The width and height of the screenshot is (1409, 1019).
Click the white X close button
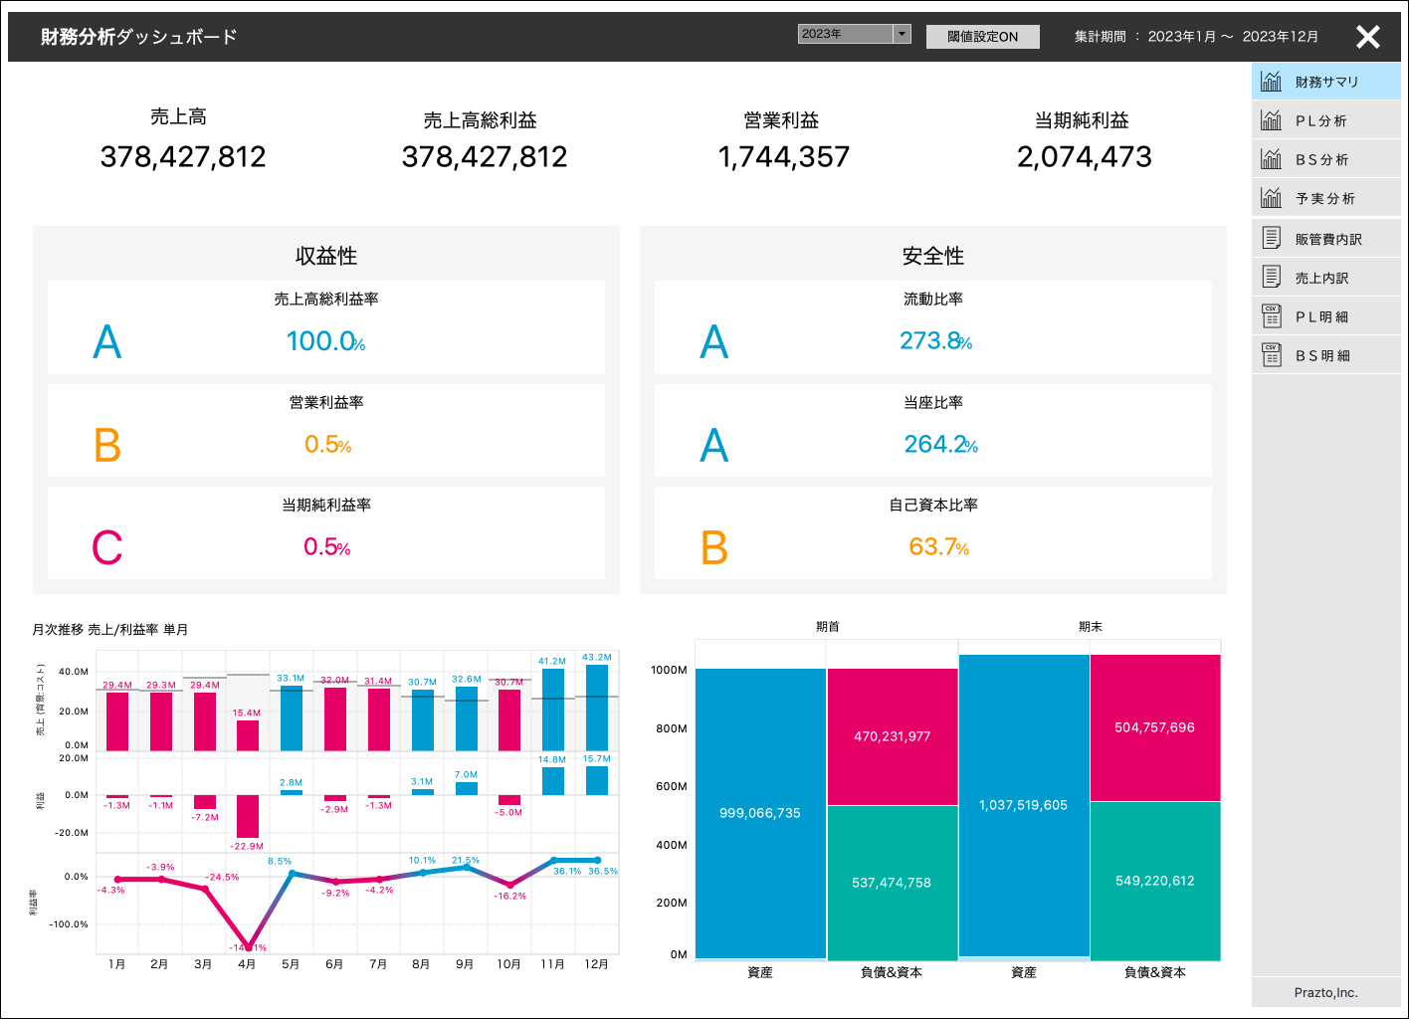click(1368, 37)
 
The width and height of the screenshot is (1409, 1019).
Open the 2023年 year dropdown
click(854, 34)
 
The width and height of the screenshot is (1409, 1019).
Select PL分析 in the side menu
click(1320, 121)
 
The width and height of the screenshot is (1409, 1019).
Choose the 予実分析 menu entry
click(1324, 199)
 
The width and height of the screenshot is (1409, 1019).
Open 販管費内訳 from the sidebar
click(1327, 240)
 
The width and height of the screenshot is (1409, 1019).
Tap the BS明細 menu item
click(1322, 356)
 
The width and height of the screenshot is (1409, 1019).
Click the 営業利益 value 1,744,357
click(784, 157)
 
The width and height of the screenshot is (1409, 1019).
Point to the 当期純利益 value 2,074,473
click(1084, 157)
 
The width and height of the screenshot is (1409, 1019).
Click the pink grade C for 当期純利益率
click(107, 548)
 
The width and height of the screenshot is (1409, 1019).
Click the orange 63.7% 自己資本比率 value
click(938, 547)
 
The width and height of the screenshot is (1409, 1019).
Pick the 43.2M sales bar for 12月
click(597, 708)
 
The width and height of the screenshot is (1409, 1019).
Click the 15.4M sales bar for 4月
click(248, 735)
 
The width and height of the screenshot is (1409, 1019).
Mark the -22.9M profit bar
click(248, 816)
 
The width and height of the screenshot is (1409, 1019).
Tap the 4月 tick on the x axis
click(247, 964)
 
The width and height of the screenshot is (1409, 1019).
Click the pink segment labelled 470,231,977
click(892, 736)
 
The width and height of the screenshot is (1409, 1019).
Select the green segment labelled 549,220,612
click(1154, 881)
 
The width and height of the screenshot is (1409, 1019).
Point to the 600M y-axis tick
click(671, 786)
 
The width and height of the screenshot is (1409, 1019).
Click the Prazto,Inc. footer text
click(1325, 993)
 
